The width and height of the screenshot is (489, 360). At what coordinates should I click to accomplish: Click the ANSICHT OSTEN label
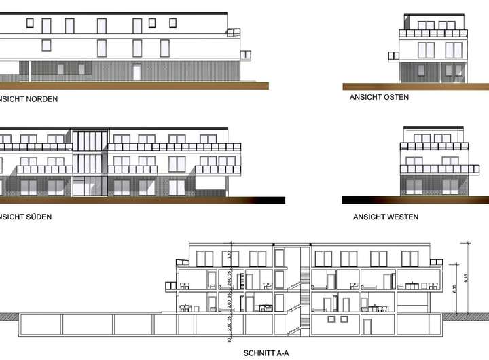(379, 97)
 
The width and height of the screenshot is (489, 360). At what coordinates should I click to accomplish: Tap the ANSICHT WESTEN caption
(385, 217)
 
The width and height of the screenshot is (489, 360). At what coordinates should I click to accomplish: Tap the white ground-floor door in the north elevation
(137, 71)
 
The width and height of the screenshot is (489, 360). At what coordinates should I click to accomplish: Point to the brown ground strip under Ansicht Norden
(136, 86)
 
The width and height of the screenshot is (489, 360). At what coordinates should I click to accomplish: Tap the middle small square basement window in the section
(332, 319)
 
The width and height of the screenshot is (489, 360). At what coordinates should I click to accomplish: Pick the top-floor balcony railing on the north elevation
(234, 31)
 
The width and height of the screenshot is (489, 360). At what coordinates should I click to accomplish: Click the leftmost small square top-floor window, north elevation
(29, 22)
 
